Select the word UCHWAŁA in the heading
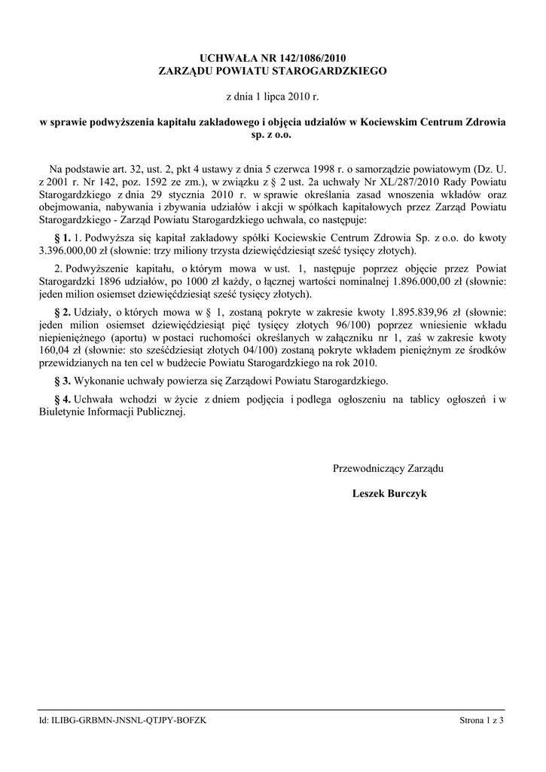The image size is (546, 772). [x=225, y=57]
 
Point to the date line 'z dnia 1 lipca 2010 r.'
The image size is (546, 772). [x=273, y=97]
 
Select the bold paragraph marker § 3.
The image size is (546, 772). [x=63, y=381]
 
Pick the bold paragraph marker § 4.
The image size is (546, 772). [x=63, y=399]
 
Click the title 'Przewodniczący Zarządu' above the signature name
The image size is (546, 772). [x=388, y=468]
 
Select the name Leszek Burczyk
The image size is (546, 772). [x=389, y=494]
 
